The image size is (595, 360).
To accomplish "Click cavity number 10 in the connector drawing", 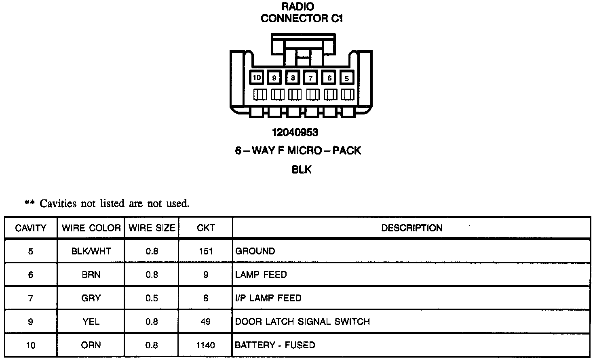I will tap(257, 77).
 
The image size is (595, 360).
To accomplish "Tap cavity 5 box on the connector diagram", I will tap(347, 78).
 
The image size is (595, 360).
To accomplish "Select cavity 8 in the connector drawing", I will tap(293, 78).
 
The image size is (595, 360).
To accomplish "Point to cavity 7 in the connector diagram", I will tap(310, 78).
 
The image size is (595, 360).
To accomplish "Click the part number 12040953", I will tap(295, 132).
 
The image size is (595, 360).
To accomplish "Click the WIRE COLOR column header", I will tap(91, 228).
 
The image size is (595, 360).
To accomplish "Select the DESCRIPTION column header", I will tap(411, 228).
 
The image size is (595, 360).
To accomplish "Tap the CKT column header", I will tap(206, 228).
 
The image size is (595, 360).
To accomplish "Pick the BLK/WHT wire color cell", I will tap(91, 251).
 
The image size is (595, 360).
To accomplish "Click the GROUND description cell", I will tap(255, 251).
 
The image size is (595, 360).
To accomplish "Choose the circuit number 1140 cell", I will tap(206, 345).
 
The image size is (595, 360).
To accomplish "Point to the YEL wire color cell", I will tap(91, 322).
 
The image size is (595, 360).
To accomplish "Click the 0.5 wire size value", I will tap(152, 299).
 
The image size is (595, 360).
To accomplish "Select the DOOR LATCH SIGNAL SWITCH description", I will tap(302, 322).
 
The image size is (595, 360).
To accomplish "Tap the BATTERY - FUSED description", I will tap(275, 345).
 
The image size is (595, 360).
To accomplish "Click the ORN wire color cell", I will tap(91, 345).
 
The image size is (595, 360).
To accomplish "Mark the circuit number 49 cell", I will tap(206, 322).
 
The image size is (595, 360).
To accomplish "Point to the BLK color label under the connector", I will tap(302, 169).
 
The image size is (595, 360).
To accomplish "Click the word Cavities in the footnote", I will tap(58, 203).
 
